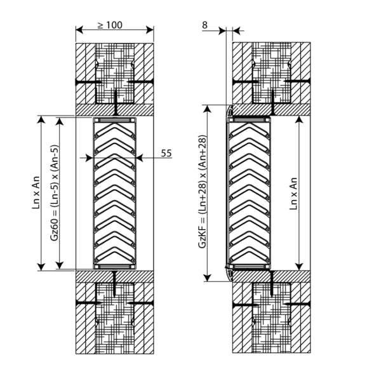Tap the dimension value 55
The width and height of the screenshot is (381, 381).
[167, 153]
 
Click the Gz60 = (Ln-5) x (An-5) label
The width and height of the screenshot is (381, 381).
[56, 192]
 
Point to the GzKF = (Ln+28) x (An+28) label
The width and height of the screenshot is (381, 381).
[202, 192]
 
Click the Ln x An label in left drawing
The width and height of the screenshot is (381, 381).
[37, 192]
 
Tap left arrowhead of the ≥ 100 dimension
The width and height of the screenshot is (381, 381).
[79, 30]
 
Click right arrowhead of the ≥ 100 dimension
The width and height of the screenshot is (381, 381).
[151, 30]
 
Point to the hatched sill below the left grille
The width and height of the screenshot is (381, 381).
[115, 276]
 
